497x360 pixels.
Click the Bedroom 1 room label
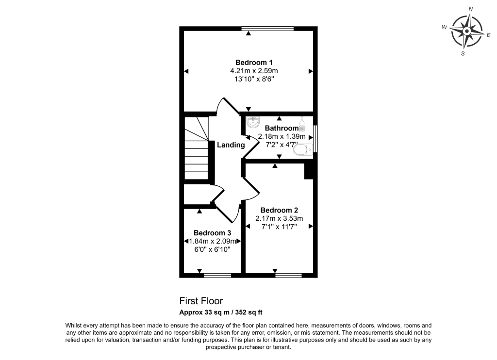[254, 63]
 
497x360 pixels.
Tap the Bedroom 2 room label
[279, 210]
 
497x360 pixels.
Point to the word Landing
[231, 145]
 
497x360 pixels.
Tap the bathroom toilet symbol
[302, 150]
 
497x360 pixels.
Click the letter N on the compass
[470, 9]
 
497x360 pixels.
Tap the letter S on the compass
[463, 53]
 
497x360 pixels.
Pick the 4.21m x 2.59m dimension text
[254, 71]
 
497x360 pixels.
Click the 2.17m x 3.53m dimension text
[279, 218]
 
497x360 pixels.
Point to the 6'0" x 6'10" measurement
[212, 249]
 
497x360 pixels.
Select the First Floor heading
[201, 301]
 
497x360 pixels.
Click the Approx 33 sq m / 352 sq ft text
[221, 312]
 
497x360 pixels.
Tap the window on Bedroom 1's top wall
[268, 29]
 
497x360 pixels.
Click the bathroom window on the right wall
[315, 139]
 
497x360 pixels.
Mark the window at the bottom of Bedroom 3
[217, 275]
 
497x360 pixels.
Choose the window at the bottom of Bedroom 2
[288, 275]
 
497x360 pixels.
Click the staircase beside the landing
[196, 148]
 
